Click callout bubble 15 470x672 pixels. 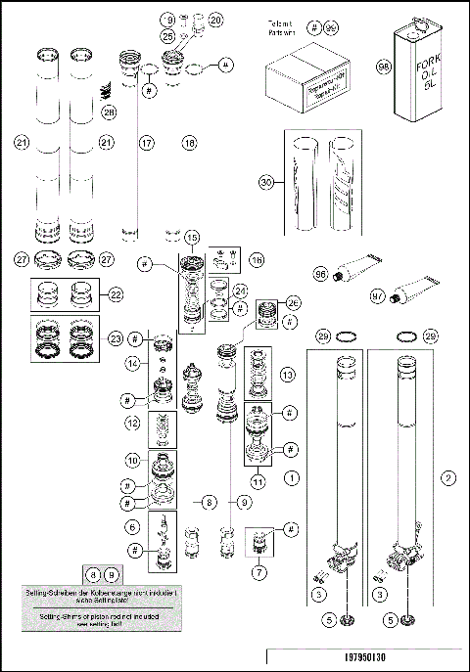[x=192, y=238]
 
